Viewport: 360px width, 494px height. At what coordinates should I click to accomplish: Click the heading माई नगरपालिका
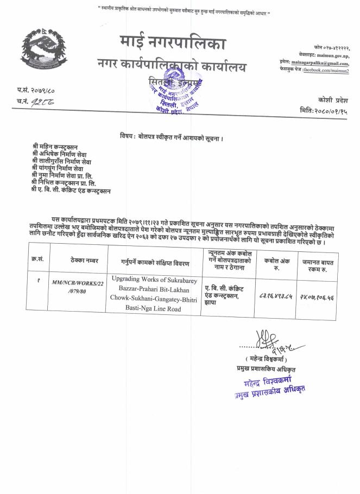tap(172, 43)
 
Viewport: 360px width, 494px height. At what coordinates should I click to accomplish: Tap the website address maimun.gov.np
tap(331, 56)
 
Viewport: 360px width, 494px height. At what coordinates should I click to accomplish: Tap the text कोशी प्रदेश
tap(332, 100)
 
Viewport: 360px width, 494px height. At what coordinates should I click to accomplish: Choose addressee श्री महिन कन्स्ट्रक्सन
tap(55, 147)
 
